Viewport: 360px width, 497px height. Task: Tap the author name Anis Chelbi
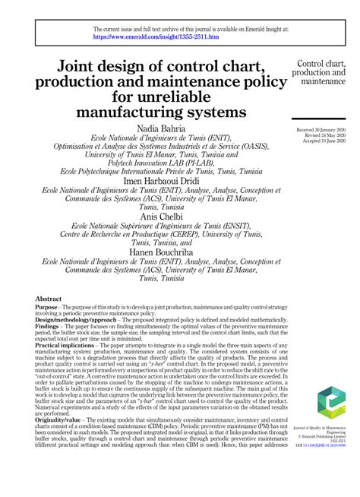click(x=161, y=215)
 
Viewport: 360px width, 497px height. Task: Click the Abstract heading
click(x=49, y=300)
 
